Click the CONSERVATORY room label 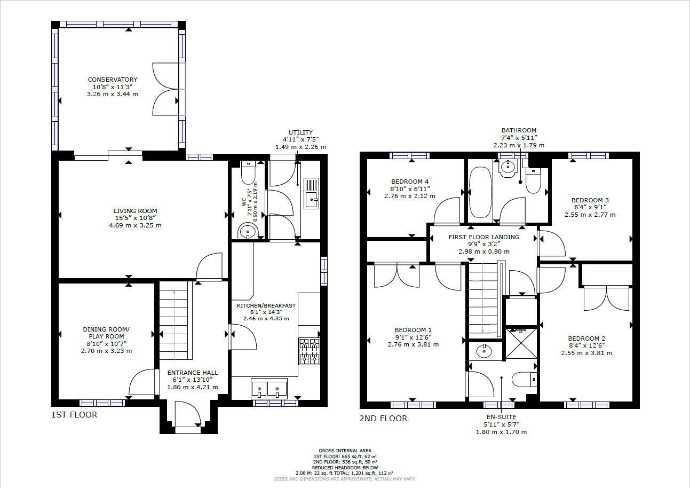[x=112, y=80]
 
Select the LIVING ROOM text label [x=135, y=211]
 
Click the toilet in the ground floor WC [x=248, y=172]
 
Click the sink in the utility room [x=311, y=193]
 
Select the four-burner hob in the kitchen [x=309, y=351]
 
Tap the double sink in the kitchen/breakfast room [x=269, y=388]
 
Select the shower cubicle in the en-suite [x=521, y=342]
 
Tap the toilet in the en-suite [x=524, y=379]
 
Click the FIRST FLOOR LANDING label [x=484, y=237]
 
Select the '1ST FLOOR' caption [x=74, y=414]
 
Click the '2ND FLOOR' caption [x=383, y=419]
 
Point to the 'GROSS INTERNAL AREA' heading [x=345, y=451]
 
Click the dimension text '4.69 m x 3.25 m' [x=135, y=225]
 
